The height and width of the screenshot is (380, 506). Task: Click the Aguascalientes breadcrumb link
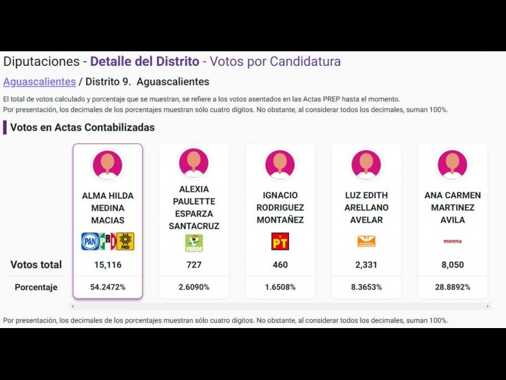tap(39, 82)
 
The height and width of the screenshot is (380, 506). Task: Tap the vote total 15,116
tap(108, 265)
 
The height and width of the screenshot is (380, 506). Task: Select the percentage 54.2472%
tap(108, 287)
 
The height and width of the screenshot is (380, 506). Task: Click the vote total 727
tap(194, 265)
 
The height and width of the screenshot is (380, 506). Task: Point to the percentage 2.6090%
tap(194, 287)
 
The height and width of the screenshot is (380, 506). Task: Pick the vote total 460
tap(280, 265)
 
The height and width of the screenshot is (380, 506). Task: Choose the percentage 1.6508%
tap(280, 287)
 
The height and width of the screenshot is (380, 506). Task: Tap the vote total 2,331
tap(366, 265)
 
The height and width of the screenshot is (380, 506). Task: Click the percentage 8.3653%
tap(366, 287)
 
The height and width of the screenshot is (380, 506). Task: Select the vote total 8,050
tap(452, 265)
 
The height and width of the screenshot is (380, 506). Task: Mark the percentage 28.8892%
tap(452, 287)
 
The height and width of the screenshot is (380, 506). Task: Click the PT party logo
tap(280, 241)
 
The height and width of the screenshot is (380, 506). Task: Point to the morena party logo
tap(452, 241)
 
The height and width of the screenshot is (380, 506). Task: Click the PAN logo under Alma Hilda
tap(90, 241)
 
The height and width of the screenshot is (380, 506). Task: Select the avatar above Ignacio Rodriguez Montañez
tap(280, 164)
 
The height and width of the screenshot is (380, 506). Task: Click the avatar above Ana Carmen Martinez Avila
tap(452, 164)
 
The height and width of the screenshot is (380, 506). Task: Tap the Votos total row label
tap(36, 265)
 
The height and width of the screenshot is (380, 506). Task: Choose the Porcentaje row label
tap(36, 288)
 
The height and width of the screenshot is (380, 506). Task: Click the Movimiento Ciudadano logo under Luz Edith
tap(366, 241)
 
